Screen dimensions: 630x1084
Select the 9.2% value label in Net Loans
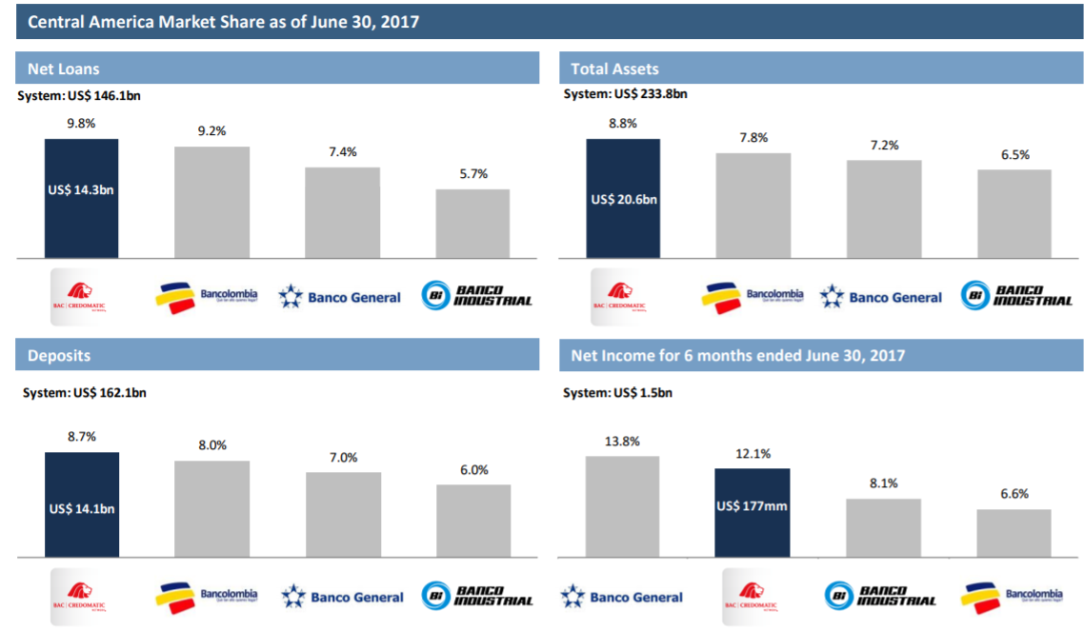click(x=211, y=131)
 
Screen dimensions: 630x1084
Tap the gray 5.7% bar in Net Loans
click(x=472, y=223)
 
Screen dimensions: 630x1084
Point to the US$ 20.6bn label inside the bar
click(x=624, y=200)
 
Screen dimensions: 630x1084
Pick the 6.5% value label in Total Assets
click(x=1014, y=154)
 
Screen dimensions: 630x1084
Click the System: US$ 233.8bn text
click(x=625, y=94)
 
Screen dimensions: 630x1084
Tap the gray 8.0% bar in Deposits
click(x=211, y=508)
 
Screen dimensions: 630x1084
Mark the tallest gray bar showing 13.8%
click(x=622, y=506)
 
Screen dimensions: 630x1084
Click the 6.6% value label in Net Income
click(x=1014, y=494)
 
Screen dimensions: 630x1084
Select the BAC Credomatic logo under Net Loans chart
click(x=81, y=295)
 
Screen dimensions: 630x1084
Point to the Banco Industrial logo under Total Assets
click(x=1015, y=295)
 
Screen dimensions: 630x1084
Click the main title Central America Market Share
click(x=224, y=21)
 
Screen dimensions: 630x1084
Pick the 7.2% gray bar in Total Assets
click(x=884, y=208)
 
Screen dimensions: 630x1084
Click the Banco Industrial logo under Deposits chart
click(x=477, y=597)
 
